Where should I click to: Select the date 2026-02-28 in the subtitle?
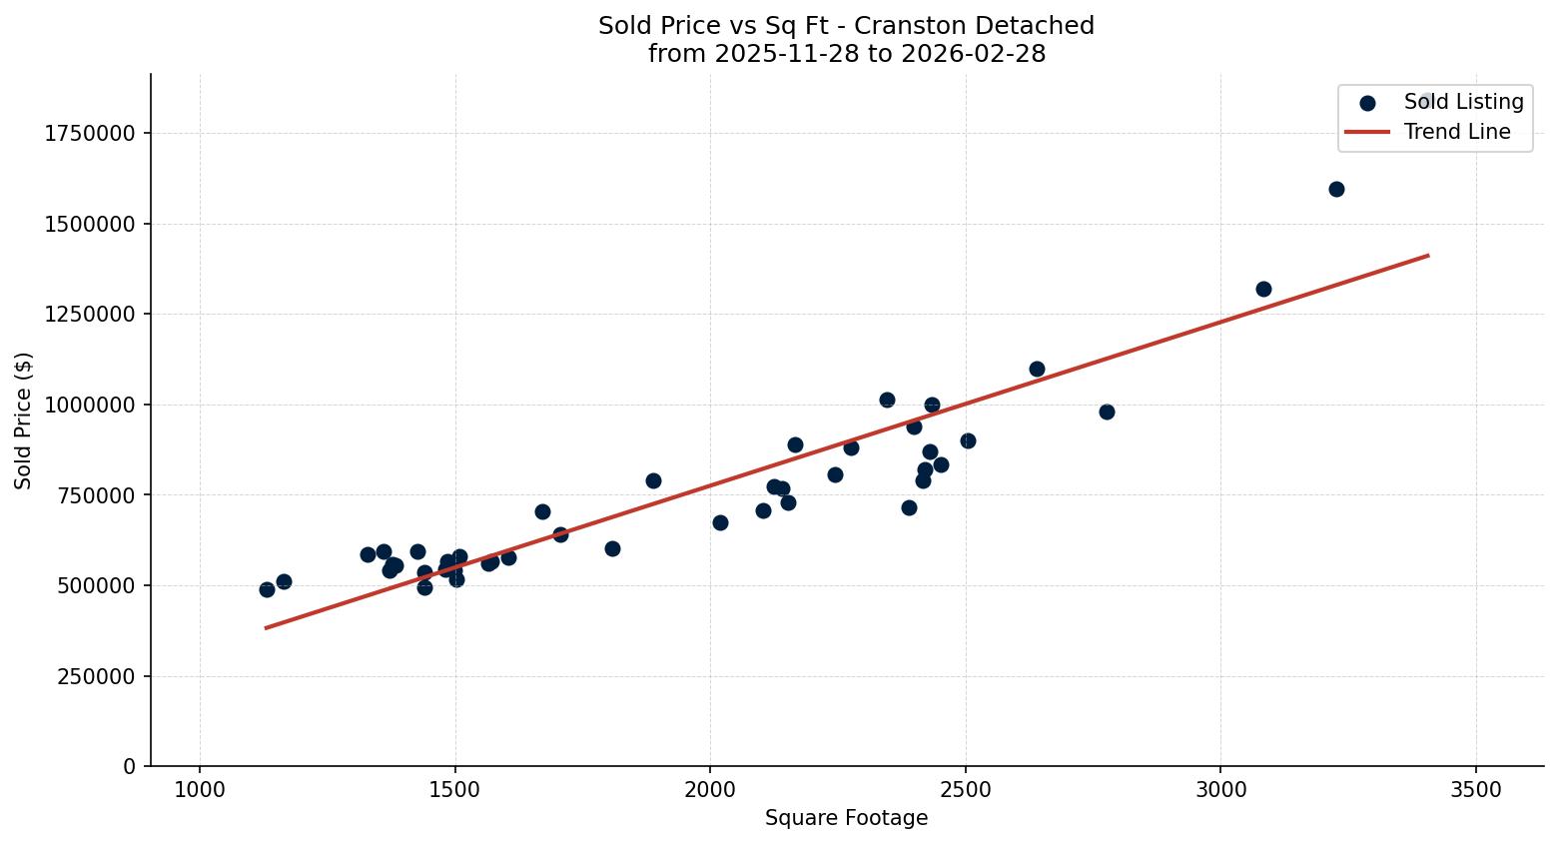pos(973,54)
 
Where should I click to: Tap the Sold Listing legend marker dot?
pos(1367,103)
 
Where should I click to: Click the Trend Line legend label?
pos(1456,132)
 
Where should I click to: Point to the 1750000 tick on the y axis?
pos(90,134)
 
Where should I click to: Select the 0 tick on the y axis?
pos(130,767)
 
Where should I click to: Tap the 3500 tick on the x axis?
pos(1475,790)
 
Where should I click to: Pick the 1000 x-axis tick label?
pos(200,790)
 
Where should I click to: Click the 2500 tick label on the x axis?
pos(965,790)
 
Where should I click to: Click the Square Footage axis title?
pos(846,819)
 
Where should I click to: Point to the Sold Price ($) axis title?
pos(24,421)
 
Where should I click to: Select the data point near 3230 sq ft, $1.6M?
pos(1336,189)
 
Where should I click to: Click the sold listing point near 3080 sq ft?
pos(1263,289)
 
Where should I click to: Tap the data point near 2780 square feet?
pos(1107,412)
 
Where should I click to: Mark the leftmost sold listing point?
pos(267,589)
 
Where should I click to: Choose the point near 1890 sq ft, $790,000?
pos(653,480)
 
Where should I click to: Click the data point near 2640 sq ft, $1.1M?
pos(1037,369)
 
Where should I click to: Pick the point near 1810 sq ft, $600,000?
pos(612,548)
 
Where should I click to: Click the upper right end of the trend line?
pos(1427,256)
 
